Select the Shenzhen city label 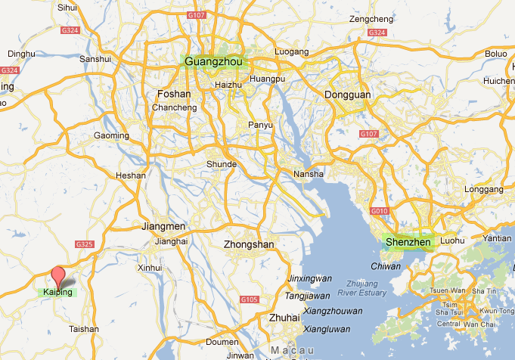click(x=408, y=242)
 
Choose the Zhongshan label click(x=247, y=244)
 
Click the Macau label click(x=293, y=351)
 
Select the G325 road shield click(x=84, y=244)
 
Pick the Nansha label click(x=309, y=174)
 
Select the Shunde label click(x=222, y=163)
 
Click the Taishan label click(x=83, y=329)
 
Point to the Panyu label click(x=261, y=125)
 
